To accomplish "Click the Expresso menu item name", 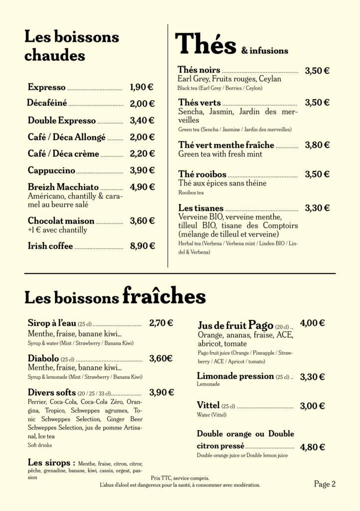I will (x=46, y=87).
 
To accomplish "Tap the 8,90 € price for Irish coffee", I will (x=142, y=246).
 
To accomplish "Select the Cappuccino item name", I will (x=51, y=171).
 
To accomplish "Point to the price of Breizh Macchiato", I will (x=142, y=187).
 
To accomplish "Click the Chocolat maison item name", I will (x=61, y=221).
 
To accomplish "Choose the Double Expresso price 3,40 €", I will (x=142, y=120).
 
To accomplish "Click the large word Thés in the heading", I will (x=205, y=44).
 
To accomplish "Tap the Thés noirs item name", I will (x=198, y=70).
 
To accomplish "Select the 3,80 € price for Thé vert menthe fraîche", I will (x=317, y=145).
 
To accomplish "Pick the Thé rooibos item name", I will (x=202, y=175).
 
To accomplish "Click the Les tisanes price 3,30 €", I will (x=317, y=208).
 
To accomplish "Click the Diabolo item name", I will (x=43, y=358).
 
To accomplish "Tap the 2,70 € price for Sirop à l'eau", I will (x=161, y=323).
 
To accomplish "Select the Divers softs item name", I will (x=51, y=392).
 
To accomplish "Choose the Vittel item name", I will (x=208, y=406).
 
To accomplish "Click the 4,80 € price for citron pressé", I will (x=313, y=447).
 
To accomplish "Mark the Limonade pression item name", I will (x=235, y=376).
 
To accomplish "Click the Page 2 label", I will (x=325, y=484).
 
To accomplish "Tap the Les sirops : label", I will (x=51, y=462).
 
